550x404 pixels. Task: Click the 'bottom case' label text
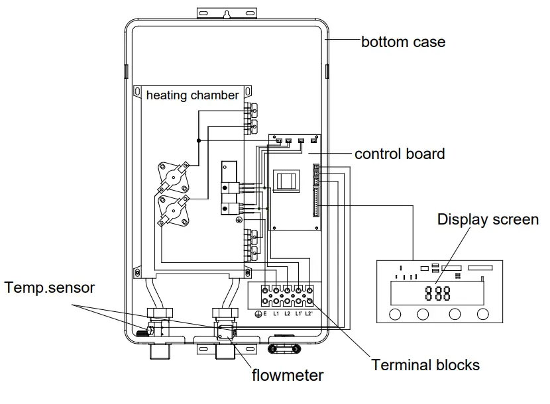pos(403,42)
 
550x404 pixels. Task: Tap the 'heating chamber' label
pos(192,95)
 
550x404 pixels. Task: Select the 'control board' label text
pos(399,154)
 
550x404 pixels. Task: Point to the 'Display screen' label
pos(488,219)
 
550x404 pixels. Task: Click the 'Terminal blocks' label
pos(425,364)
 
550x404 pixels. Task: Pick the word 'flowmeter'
pos(288,376)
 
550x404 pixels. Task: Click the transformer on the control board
pos(287,181)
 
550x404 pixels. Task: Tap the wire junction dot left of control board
pos(198,140)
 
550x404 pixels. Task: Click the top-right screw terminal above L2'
pos(309,290)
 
